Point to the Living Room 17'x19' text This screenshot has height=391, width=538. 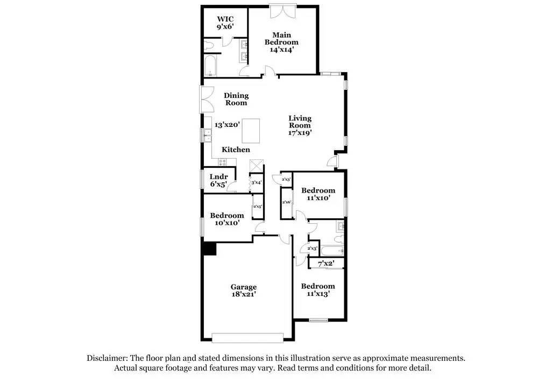(x=300, y=125)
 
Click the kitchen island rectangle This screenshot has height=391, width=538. (x=252, y=131)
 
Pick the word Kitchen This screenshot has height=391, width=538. (x=236, y=150)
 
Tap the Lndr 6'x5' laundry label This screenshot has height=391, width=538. (x=219, y=180)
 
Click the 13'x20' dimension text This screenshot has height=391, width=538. (x=226, y=124)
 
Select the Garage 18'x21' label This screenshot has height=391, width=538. (x=244, y=290)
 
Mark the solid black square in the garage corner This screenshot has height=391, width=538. (x=209, y=249)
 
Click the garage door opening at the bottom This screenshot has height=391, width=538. (x=247, y=338)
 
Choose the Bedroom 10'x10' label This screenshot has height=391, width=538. (x=226, y=218)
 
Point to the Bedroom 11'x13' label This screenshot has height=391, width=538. (x=317, y=289)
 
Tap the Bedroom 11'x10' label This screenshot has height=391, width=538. (x=318, y=194)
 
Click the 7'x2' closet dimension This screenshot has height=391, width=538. (x=326, y=264)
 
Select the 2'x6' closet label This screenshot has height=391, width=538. (x=287, y=202)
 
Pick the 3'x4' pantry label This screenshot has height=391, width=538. (x=256, y=183)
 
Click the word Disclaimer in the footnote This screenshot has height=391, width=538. (x=107, y=358)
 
